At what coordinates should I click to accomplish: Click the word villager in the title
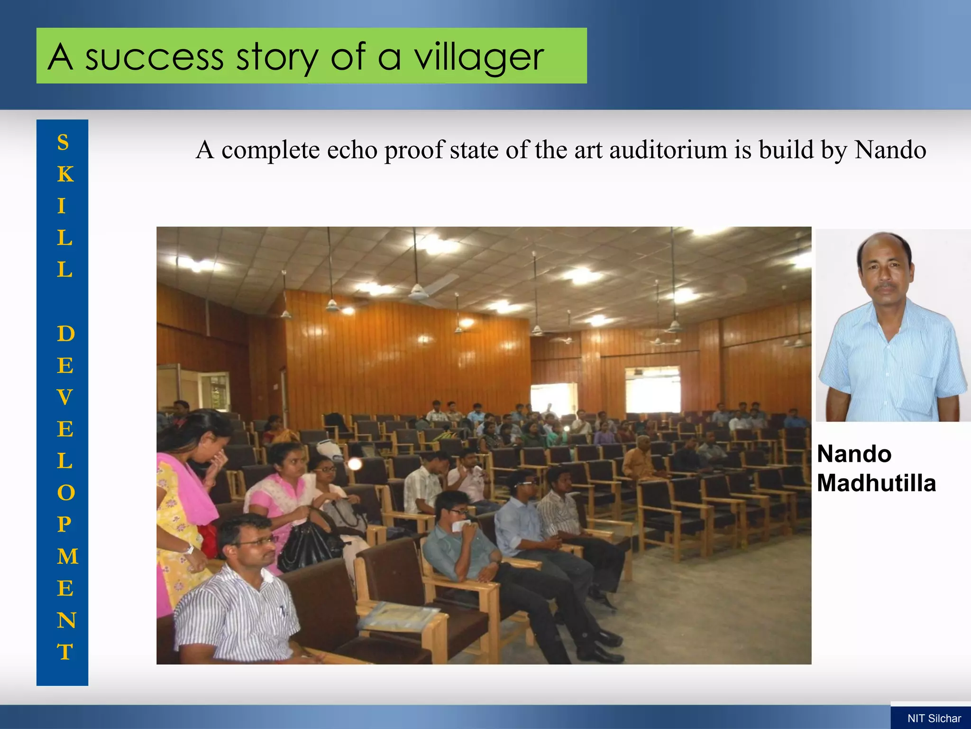pyautogui.click(x=479, y=57)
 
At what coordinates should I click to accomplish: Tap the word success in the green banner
pyautogui.click(x=154, y=57)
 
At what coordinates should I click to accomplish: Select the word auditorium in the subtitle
pyautogui.click(x=669, y=150)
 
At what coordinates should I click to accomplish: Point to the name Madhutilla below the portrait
pyautogui.click(x=876, y=483)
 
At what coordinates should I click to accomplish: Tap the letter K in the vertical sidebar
pyautogui.click(x=65, y=174)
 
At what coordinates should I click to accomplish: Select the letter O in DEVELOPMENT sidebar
pyautogui.click(x=65, y=493)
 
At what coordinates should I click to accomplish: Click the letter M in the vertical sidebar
pyautogui.click(x=67, y=556)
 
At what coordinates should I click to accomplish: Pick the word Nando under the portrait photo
pyautogui.click(x=854, y=454)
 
